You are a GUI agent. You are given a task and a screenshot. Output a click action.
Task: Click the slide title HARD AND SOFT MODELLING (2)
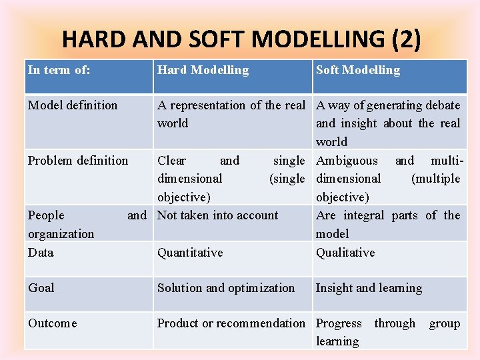(241, 39)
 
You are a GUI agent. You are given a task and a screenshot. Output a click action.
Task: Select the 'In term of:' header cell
(59, 70)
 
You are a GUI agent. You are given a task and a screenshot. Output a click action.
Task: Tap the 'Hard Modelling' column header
(203, 70)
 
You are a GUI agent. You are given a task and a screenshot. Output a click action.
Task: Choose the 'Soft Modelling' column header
(358, 70)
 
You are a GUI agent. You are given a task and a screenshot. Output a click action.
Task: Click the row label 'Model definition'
(73, 105)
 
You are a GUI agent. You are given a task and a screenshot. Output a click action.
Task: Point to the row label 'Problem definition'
(78, 161)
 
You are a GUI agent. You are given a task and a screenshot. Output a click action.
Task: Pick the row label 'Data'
(41, 253)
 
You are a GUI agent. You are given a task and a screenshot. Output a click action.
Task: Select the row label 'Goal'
(41, 288)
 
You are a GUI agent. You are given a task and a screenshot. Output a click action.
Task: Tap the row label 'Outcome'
(53, 323)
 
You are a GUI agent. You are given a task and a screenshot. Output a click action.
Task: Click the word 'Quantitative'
(190, 253)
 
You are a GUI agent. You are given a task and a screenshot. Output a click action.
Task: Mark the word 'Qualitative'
(345, 253)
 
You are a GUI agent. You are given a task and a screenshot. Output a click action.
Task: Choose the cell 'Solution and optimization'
(226, 288)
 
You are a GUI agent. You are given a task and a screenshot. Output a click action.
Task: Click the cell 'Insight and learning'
(369, 288)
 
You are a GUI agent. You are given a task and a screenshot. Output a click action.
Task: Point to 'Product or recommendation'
(231, 323)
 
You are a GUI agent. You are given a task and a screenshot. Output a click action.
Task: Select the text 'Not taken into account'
(217, 215)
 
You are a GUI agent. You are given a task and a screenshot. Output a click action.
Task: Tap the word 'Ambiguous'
(347, 161)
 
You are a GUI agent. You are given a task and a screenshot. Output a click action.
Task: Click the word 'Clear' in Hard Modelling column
(171, 161)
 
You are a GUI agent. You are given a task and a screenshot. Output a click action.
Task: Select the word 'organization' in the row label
(61, 234)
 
